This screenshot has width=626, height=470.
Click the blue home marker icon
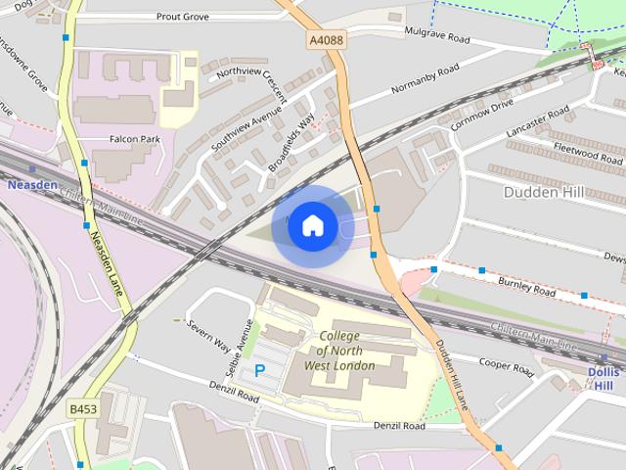coord(312,225)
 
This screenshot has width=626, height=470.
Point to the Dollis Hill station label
coord(604,379)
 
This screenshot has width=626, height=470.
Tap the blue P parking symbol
coord(260,371)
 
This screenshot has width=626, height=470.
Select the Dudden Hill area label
coord(544,192)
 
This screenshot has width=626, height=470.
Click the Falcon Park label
coord(135,140)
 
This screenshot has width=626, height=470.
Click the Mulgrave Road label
coord(437,36)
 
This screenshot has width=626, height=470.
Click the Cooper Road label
coord(506,366)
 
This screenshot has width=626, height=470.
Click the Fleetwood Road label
coord(589,155)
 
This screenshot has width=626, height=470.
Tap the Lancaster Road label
coord(537,125)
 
